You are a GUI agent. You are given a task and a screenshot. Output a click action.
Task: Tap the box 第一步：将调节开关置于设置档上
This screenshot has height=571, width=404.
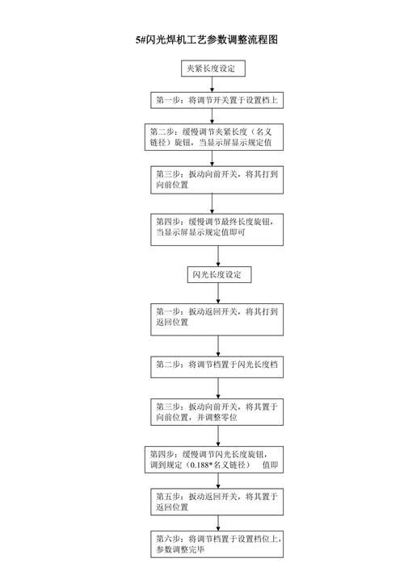[217, 101]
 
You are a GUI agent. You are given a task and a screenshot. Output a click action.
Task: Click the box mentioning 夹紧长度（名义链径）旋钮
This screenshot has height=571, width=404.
[216, 136]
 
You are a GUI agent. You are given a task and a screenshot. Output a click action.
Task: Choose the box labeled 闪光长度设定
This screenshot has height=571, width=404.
[218, 275]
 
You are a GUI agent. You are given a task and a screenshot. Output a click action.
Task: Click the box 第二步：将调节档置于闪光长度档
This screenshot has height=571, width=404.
[218, 365]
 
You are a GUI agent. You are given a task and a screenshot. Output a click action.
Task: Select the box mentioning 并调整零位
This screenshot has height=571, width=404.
[218, 413]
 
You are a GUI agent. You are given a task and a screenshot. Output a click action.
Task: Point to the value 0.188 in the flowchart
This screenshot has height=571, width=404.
[201, 465]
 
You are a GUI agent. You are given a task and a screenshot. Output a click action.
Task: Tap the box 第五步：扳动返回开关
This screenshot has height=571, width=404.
[218, 503]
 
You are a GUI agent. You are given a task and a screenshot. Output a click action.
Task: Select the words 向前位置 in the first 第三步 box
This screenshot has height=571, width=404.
[172, 185]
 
